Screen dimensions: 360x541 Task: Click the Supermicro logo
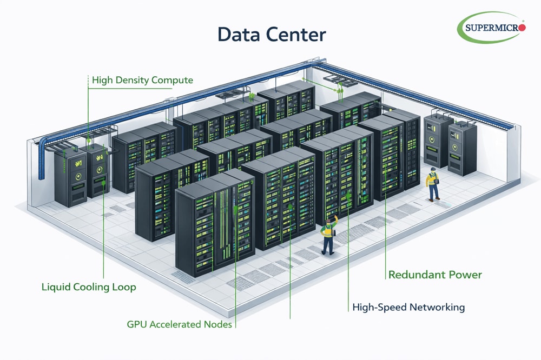491,27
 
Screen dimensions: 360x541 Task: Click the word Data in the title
240,35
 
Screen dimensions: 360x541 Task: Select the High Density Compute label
142,80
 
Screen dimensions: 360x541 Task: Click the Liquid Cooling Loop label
89,287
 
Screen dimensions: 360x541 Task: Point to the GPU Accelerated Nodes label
179,324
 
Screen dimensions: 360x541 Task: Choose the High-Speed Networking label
408,307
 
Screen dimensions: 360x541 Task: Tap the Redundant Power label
435,275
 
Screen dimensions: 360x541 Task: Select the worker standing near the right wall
432,184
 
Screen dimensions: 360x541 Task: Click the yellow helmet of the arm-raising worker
327,222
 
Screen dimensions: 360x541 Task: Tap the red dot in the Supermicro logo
522,27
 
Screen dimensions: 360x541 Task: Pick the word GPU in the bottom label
136,324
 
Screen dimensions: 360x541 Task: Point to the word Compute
171,80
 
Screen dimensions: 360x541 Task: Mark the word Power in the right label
466,275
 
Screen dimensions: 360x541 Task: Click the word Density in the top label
131,80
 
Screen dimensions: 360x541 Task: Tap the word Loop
124,287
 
